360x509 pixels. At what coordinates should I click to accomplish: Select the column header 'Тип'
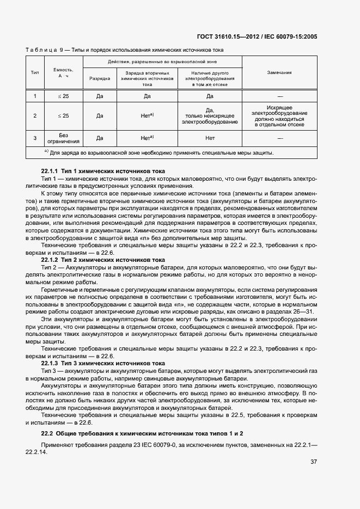[x=35, y=72]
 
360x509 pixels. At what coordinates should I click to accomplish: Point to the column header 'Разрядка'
[x=100, y=78]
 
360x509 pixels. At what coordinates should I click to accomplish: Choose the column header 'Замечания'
[x=279, y=72]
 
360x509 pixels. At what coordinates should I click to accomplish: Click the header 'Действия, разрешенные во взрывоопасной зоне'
[x=162, y=62]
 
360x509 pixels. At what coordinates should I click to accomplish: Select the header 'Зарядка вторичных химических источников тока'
[x=147, y=78]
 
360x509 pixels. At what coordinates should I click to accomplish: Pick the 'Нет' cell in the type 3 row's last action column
[x=210, y=138]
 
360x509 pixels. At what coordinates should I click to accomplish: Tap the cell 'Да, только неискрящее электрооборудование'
[x=210, y=116]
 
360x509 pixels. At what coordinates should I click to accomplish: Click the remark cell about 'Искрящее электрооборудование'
[x=279, y=116]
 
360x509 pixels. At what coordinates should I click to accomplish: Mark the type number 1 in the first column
[x=35, y=96]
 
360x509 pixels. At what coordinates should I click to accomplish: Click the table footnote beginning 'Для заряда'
[x=158, y=152]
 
